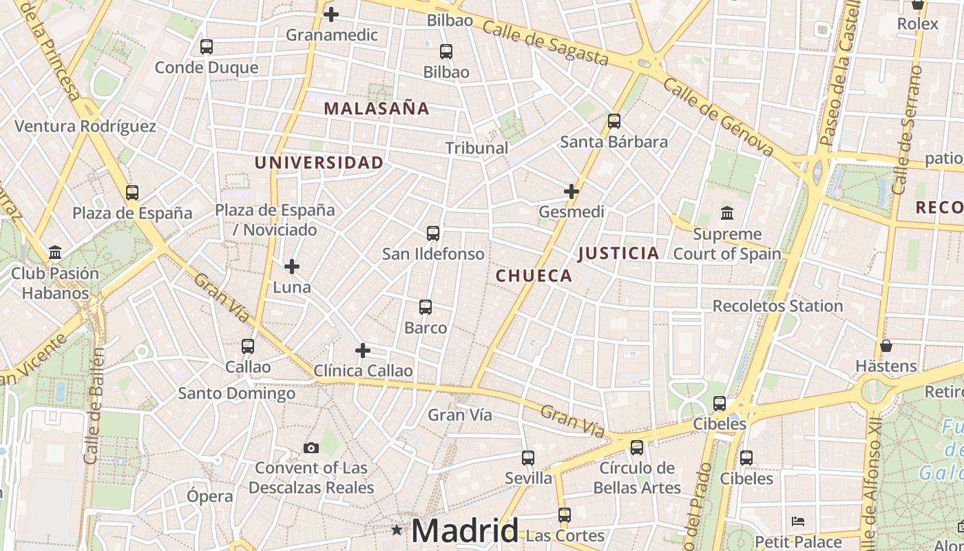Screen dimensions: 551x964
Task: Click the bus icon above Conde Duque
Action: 206,47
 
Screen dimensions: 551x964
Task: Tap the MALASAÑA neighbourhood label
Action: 377,108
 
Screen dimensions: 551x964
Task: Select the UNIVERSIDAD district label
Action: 319,163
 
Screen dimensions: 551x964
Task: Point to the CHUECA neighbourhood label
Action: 534,276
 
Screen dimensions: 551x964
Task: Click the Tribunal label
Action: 476,147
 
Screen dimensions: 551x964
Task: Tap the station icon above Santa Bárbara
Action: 614,121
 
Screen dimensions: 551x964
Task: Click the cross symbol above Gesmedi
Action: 572,191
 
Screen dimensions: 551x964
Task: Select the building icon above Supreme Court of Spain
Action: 726,214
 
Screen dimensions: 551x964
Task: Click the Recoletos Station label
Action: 777,306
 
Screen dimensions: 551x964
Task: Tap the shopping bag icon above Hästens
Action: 886,345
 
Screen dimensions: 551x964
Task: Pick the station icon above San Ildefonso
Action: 433,233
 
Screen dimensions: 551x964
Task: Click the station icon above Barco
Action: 426,307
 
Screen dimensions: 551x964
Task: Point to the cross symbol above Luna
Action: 292,266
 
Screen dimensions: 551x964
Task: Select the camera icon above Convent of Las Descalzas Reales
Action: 311,448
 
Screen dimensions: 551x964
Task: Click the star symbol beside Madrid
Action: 397,530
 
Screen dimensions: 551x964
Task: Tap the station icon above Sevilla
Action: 528,458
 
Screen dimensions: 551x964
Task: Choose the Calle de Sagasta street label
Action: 545,42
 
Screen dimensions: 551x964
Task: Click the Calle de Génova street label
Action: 719,116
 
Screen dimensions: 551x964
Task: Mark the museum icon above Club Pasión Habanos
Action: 55,252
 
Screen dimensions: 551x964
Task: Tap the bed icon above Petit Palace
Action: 798,521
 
